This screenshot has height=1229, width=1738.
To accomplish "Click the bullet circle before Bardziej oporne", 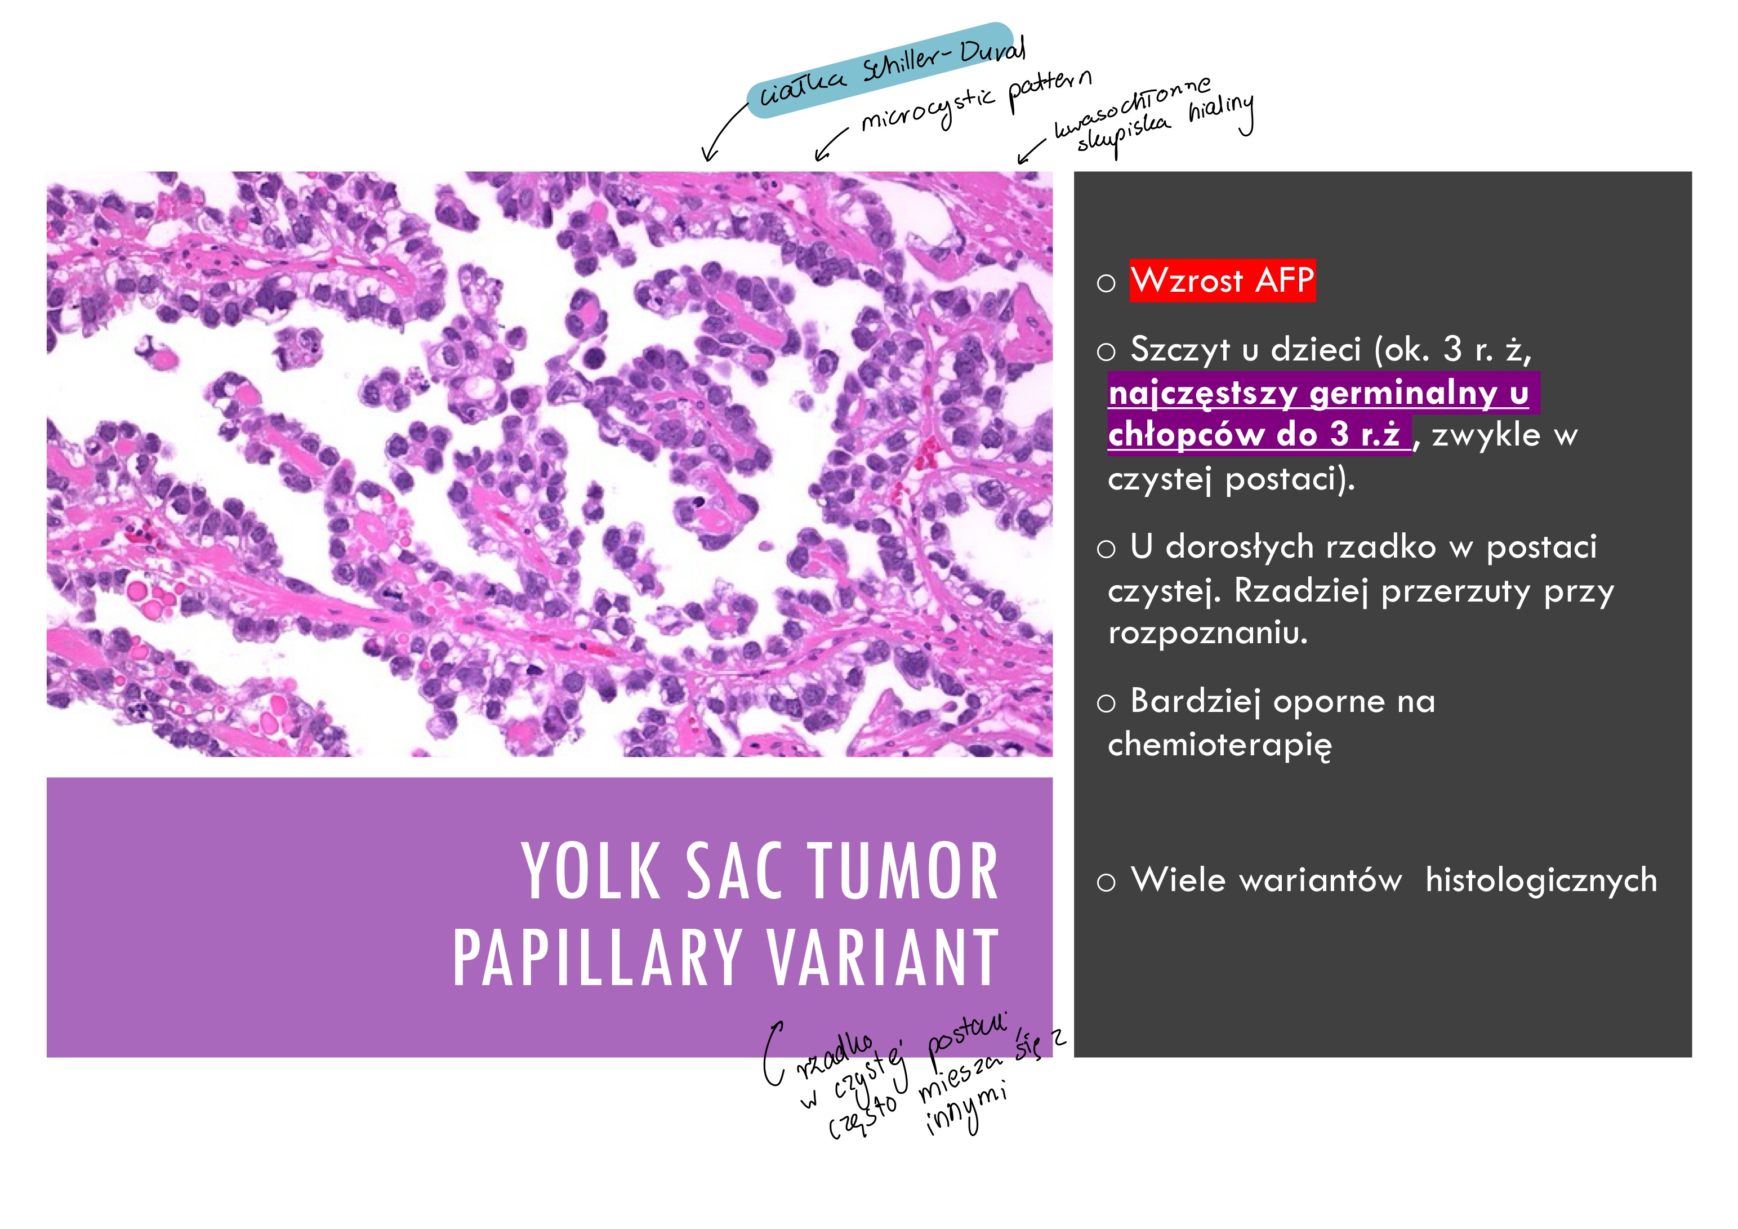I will click(x=1106, y=703).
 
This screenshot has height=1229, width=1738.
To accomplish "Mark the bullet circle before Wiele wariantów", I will click(x=1106, y=882).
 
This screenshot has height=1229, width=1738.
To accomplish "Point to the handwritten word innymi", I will click(x=966, y=1112).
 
